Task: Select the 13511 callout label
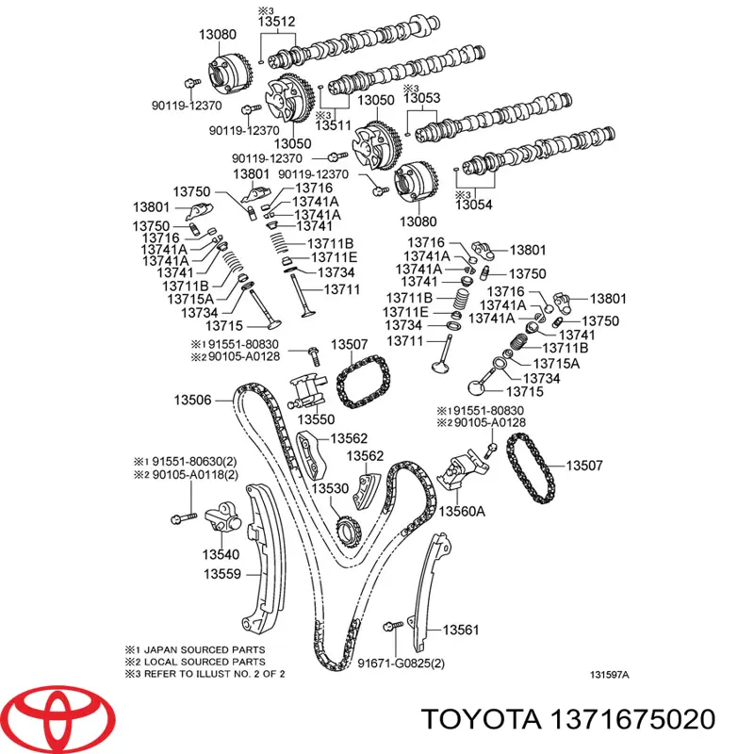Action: click(334, 124)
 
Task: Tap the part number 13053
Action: click(422, 98)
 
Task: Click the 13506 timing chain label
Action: click(192, 400)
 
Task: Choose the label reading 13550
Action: click(317, 418)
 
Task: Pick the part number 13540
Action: click(221, 554)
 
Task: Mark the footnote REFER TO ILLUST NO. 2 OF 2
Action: click(216, 675)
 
